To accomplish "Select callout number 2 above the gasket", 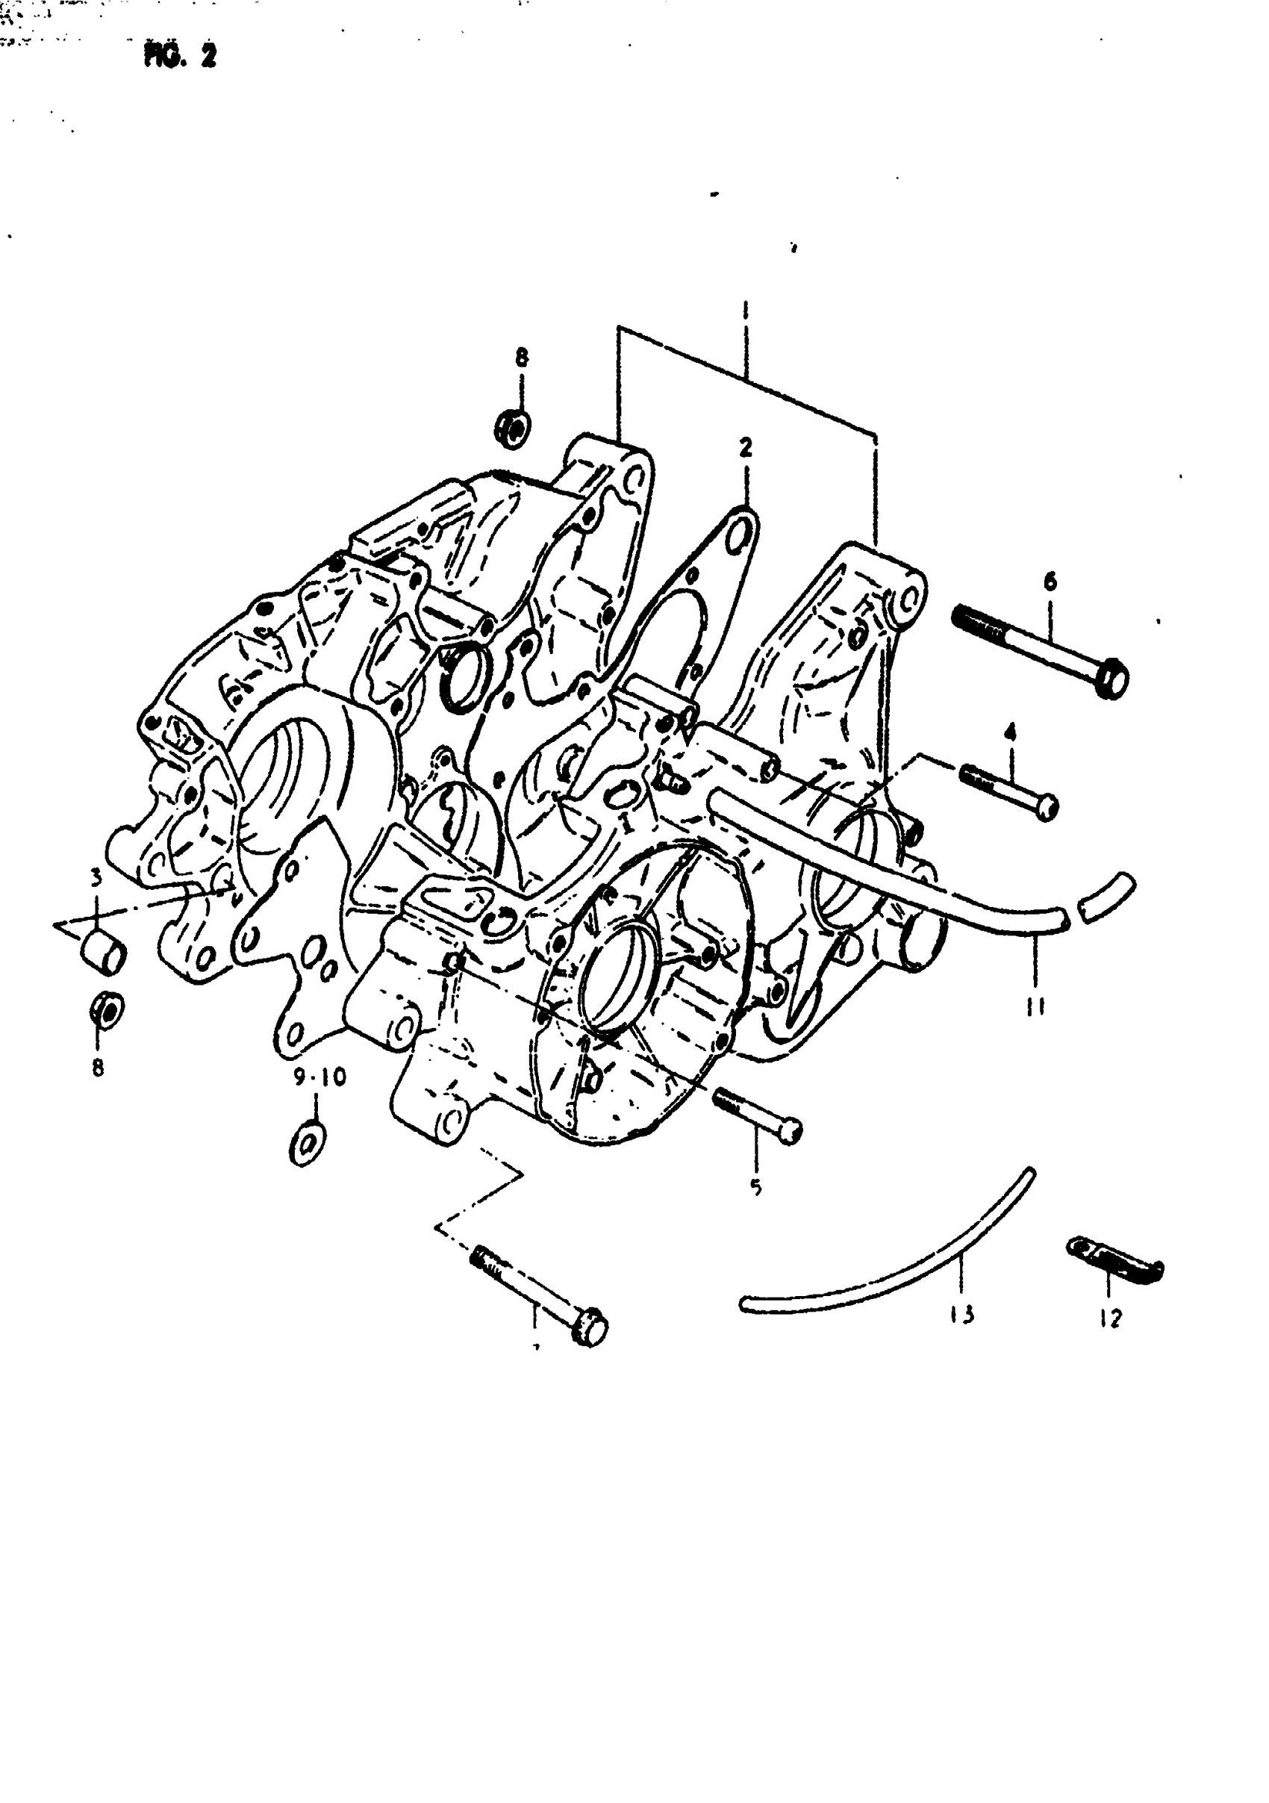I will [744, 448].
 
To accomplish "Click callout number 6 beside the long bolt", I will [1049, 582].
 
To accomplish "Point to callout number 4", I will [1009, 732].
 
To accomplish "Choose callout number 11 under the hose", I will [1036, 1004].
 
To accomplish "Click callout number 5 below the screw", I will [755, 1186].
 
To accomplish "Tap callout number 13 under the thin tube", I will [962, 1313].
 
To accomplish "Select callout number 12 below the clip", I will [1111, 1318].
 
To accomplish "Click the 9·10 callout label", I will [319, 1077].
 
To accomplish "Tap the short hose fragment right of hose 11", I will [1106, 896].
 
